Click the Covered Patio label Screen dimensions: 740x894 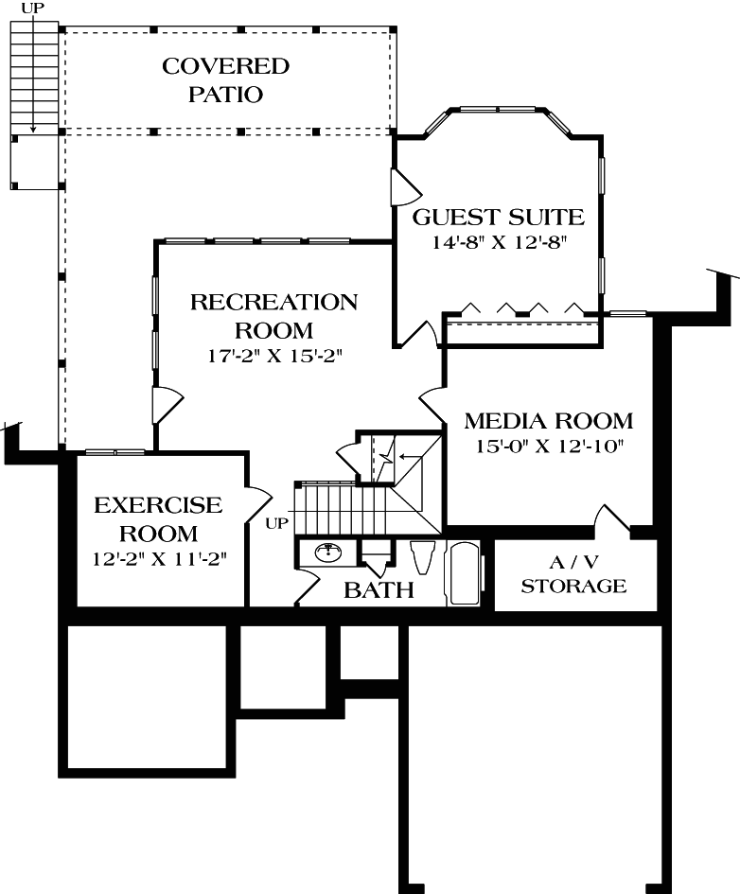[x=226, y=79]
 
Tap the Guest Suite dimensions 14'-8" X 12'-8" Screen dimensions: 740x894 [x=499, y=242]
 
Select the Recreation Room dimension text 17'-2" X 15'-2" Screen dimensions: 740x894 [x=274, y=356]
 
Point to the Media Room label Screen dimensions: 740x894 [x=549, y=421]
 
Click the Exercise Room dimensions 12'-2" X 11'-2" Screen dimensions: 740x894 [x=160, y=559]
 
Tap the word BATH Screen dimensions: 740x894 [x=379, y=590]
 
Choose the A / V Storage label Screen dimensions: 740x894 [x=573, y=574]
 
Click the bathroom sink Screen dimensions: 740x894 [x=327, y=552]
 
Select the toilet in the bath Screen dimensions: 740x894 [x=422, y=556]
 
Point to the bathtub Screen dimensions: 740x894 [x=465, y=573]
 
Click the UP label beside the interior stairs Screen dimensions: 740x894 [x=277, y=523]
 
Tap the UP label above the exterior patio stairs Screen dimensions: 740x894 [x=33, y=9]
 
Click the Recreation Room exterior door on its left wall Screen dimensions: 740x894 [x=167, y=406]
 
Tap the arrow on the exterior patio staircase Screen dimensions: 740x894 [x=33, y=74]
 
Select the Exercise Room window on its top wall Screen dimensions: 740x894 [x=115, y=452]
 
